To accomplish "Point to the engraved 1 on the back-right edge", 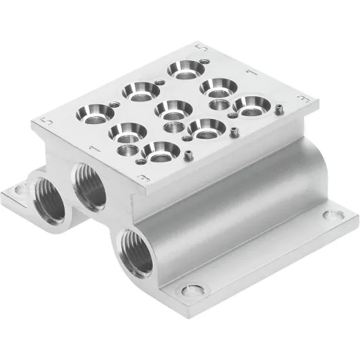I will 252,71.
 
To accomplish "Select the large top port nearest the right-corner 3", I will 250,105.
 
